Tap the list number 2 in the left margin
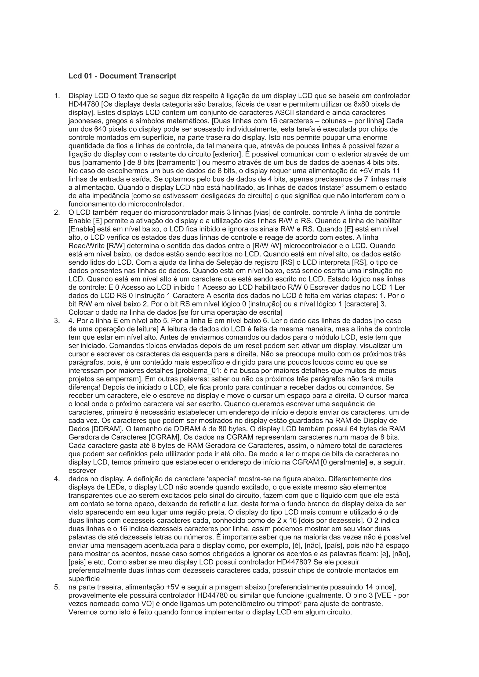[x=57, y=212]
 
